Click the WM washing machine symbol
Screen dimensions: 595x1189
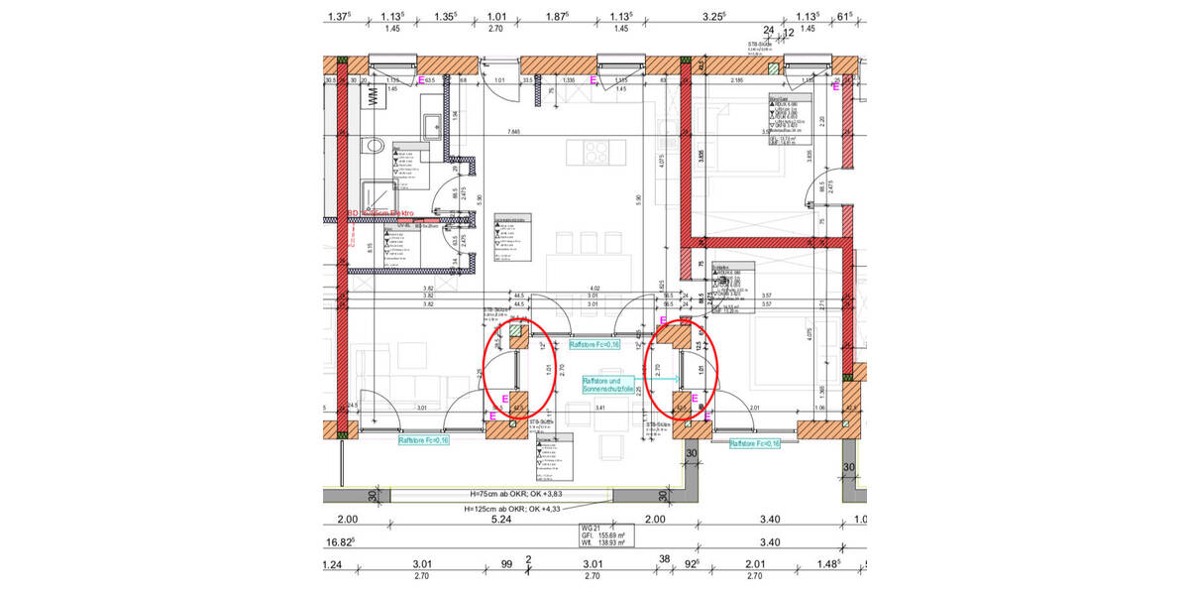(x=375, y=97)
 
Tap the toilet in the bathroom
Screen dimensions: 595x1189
(x=374, y=146)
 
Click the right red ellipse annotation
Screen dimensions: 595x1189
(x=683, y=369)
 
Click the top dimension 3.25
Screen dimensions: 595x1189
(x=712, y=16)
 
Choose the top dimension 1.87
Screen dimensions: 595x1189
(x=556, y=16)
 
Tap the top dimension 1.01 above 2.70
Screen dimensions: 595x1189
(x=496, y=16)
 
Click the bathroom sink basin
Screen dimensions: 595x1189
(x=432, y=126)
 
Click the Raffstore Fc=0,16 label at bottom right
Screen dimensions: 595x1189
(x=754, y=444)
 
